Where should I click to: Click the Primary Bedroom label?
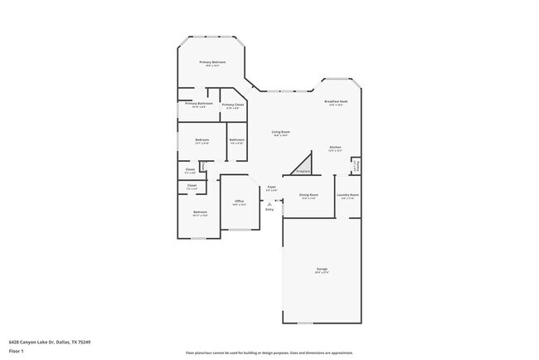pyautogui.click(x=212, y=63)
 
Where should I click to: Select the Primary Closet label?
pyautogui.click(x=233, y=105)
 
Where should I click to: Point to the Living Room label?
pyautogui.click(x=280, y=133)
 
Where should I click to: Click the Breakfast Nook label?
pyautogui.click(x=335, y=103)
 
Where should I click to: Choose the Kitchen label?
pyautogui.click(x=335, y=149)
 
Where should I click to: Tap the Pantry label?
pyautogui.click(x=356, y=164)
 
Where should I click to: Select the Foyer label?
pyautogui.click(x=271, y=188)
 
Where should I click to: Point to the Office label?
pyautogui.click(x=239, y=202)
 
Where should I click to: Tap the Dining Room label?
pyautogui.click(x=308, y=197)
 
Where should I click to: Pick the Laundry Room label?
pyautogui.click(x=347, y=197)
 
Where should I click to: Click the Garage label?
pyautogui.click(x=322, y=270)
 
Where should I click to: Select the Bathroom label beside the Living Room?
pyautogui.click(x=236, y=141)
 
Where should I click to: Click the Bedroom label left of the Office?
pyautogui.click(x=200, y=214)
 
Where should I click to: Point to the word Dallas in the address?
pyautogui.click(x=64, y=340)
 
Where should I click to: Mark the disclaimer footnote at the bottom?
pyautogui.click(x=270, y=351)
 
